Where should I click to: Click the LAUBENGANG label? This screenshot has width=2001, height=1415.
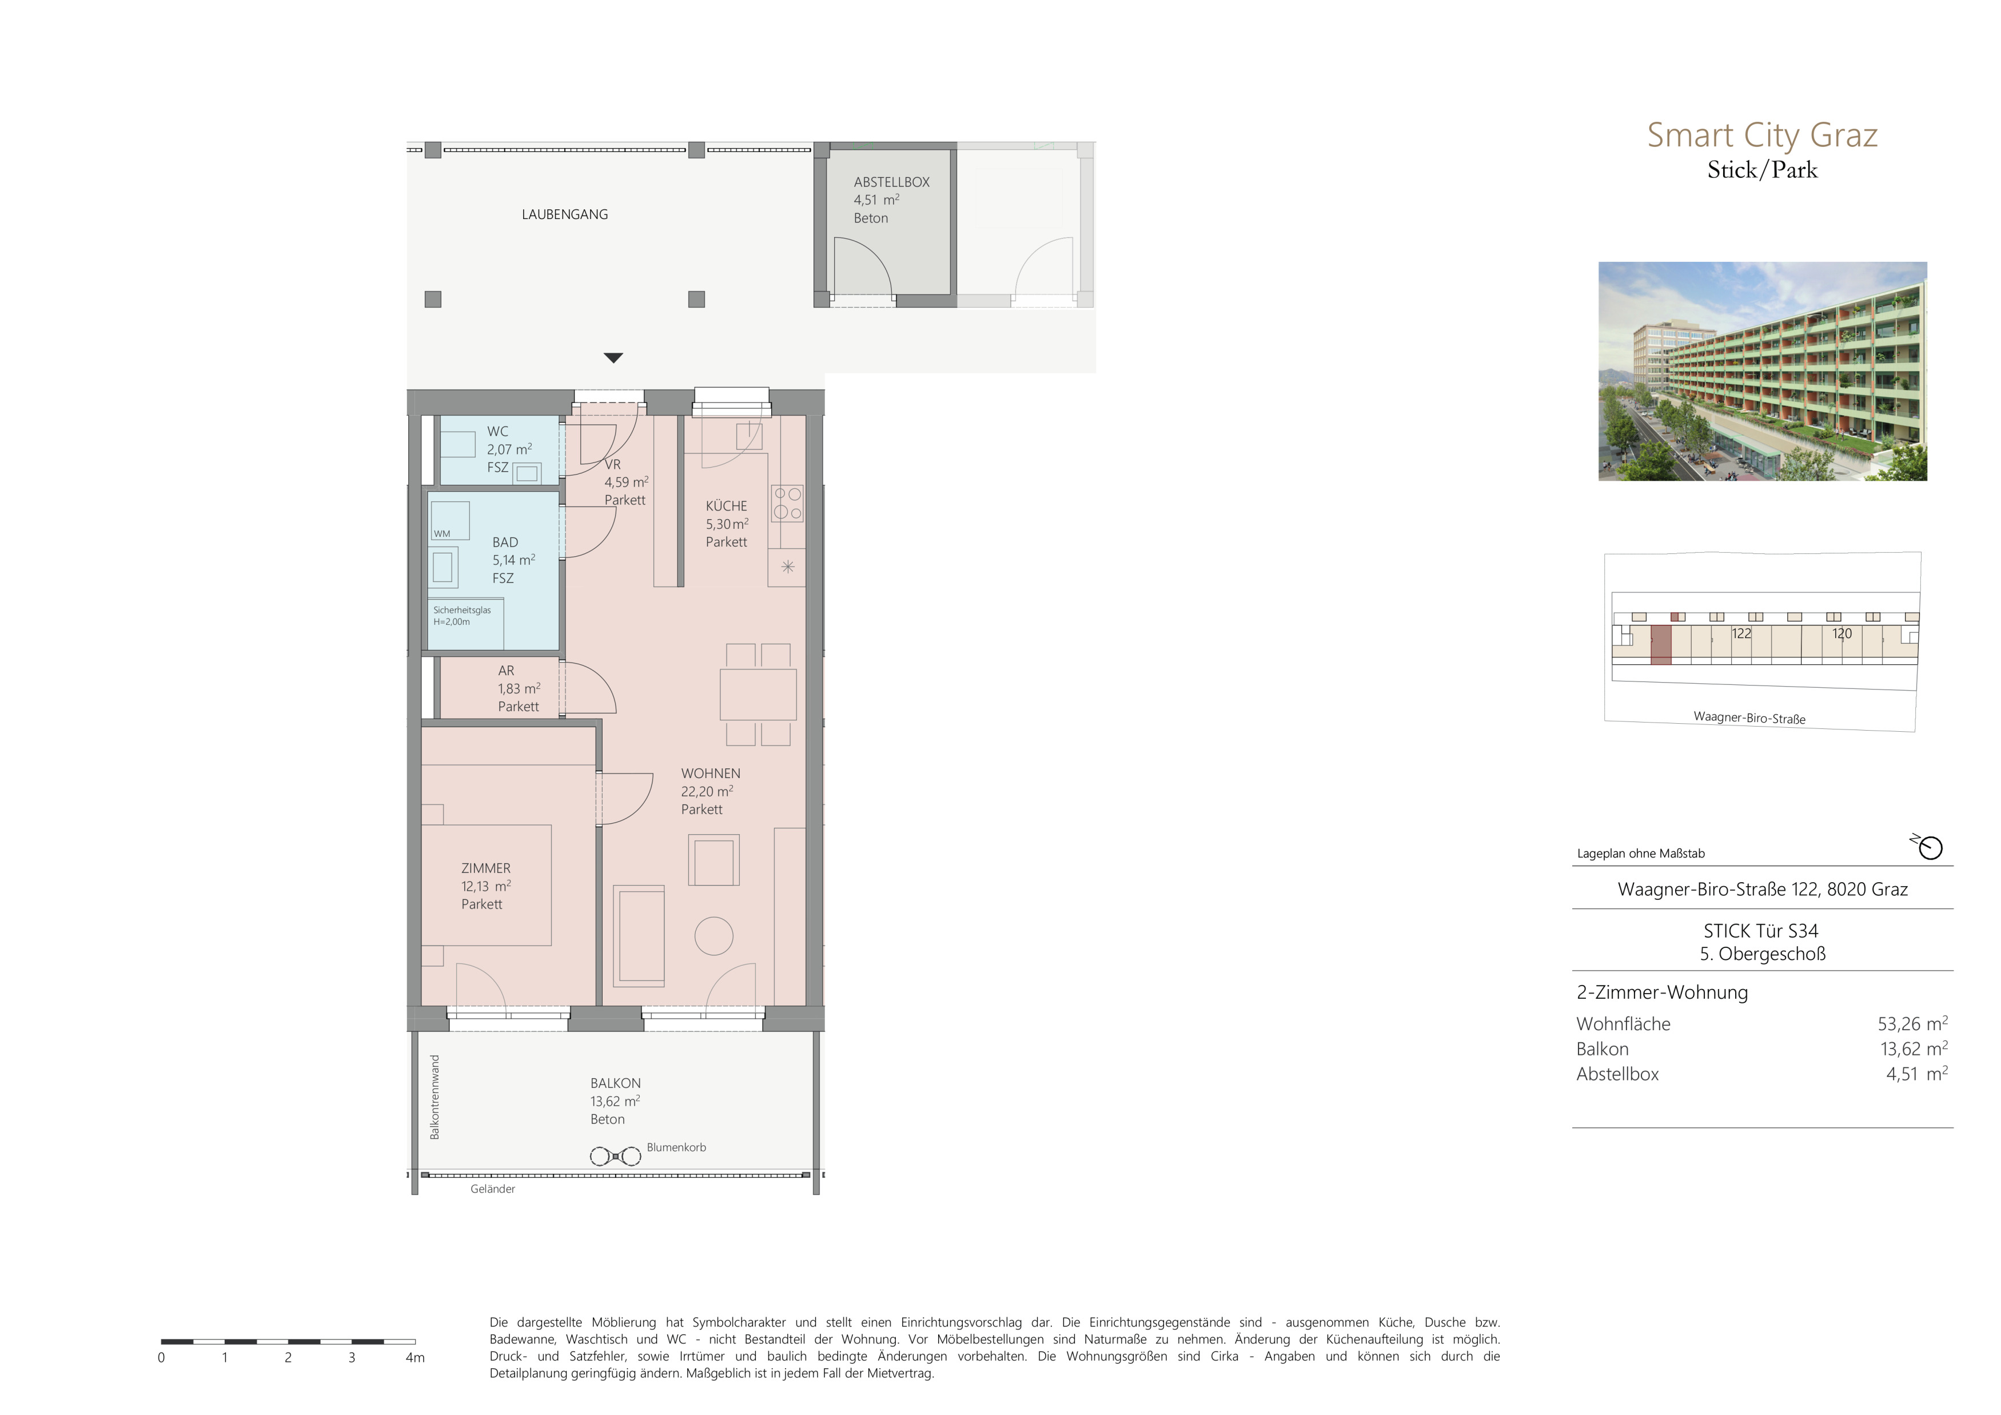click(x=565, y=214)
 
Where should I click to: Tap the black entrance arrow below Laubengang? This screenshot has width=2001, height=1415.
click(x=613, y=357)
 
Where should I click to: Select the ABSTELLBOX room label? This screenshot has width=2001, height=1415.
click(x=891, y=182)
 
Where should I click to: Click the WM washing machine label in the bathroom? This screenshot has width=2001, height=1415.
click(x=442, y=534)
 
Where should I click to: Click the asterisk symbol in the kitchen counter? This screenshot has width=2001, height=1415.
click(x=788, y=567)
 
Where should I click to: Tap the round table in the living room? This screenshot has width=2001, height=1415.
click(x=713, y=936)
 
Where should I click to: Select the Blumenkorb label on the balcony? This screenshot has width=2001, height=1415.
click(x=676, y=1147)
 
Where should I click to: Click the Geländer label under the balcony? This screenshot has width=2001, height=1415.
click(x=492, y=1189)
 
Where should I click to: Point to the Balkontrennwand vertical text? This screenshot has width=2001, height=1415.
click(x=435, y=1097)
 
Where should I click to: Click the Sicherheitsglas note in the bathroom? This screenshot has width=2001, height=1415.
click(x=462, y=616)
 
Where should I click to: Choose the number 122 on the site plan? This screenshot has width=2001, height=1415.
click(x=1741, y=633)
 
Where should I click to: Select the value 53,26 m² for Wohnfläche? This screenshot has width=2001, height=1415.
click(x=1913, y=1024)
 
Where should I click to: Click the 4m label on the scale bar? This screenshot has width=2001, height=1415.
click(x=415, y=1357)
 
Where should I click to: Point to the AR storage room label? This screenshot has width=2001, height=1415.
click(x=507, y=671)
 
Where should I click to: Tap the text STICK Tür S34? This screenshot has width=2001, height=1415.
click(x=1761, y=931)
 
